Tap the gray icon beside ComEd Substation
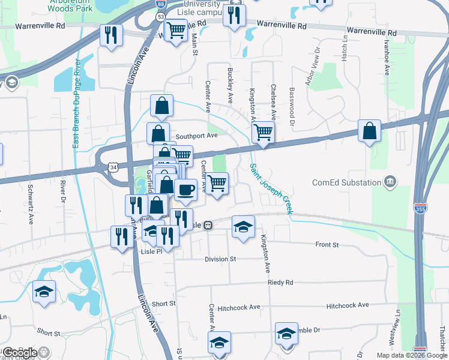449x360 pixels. [x=390, y=182]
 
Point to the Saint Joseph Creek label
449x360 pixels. [x=271, y=189]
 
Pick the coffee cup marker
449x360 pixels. [x=186, y=190]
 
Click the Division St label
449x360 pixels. [x=220, y=259]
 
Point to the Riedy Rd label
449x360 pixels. [x=280, y=282]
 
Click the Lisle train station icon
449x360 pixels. [x=208, y=225]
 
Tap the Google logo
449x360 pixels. [x=19, y=353]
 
